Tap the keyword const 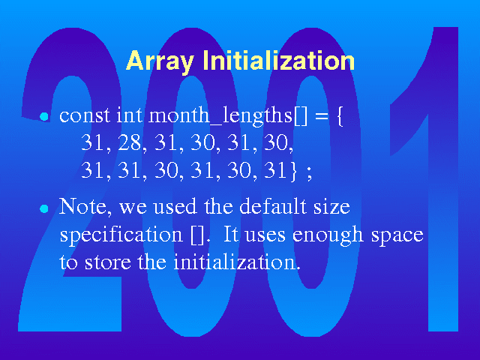tap(85, 116)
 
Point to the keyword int tap(129, 115)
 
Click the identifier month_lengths tap(220, 116)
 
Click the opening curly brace tap(340, 116)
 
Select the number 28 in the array tap(129, 142)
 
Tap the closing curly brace tap(294, 170)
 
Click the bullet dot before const tap(44, 117)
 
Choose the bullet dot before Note tap(44, 208)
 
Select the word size tap(331, 207)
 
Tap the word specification tap(121, 235)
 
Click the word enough tap(328, 235)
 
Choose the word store tap(107, 262)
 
